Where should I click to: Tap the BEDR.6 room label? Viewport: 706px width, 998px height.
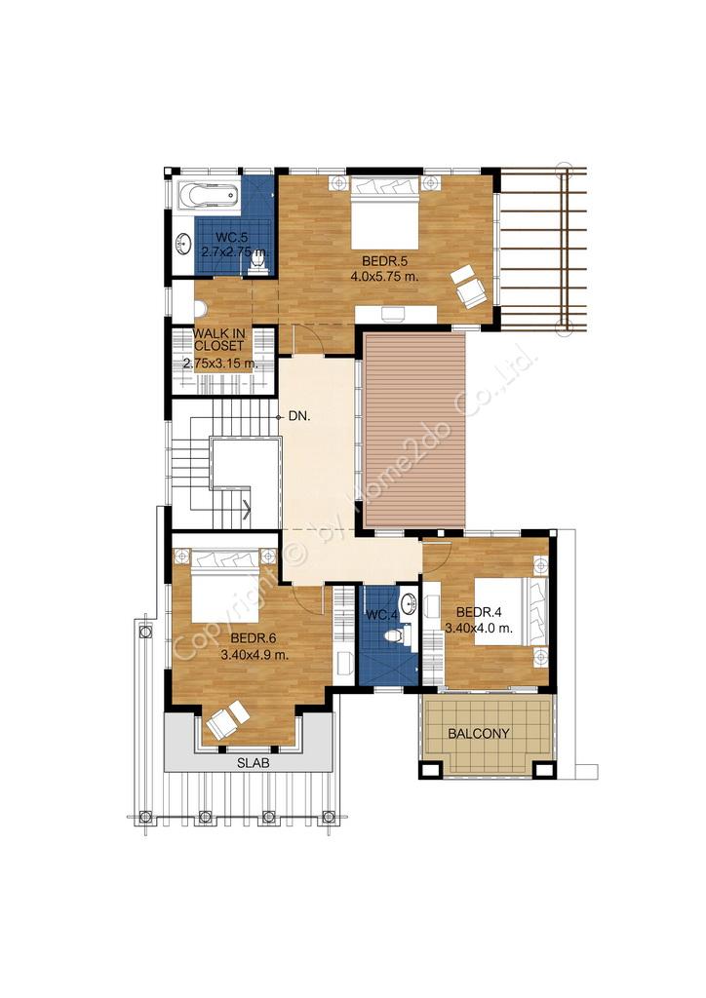pos(254,638)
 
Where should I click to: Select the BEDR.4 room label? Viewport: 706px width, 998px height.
pos(480,612)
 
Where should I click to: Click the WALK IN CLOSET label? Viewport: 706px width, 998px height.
pos(219,340)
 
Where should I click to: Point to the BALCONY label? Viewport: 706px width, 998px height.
pos(479,734)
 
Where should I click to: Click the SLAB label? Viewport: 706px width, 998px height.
pos(254,763)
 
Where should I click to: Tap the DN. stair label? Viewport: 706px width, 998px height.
pos(299,417)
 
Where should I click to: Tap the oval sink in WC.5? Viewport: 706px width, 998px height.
pos(184,242)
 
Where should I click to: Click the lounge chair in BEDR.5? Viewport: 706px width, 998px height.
pos(468,288)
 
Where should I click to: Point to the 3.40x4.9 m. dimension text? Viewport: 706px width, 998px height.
pos(254,654)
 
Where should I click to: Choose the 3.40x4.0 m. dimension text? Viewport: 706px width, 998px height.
pos(479,629)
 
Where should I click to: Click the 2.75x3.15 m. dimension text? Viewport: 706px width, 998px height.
pos(219,365)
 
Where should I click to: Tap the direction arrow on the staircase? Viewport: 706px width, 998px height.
pos(246,507)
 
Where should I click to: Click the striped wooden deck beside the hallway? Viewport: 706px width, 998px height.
pos(415,430)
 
